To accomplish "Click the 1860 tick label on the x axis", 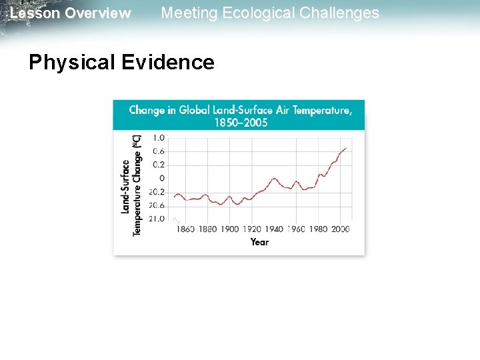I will [x=185, y=229].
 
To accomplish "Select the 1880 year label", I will [x=208, y=229].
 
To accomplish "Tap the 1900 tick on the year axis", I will [x=229, y=229].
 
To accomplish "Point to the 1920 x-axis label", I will [x=251, y=229].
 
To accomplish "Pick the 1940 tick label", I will [x=273, y=229].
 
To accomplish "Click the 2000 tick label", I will [x=339, y=229].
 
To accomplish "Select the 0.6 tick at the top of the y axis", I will [x=159, y=151].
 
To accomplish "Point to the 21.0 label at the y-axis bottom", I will [x=157, y=219].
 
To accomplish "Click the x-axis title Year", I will [x=260, y=242].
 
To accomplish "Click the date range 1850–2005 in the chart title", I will [x=241, y=122].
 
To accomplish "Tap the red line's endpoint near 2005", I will [x=346, y=148].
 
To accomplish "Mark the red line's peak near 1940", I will [x=274, y=179].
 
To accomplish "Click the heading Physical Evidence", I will [x=121, y=62].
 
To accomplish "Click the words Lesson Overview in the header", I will [x=71, y=13].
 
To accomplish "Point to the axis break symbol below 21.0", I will [x=176, y=220].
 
